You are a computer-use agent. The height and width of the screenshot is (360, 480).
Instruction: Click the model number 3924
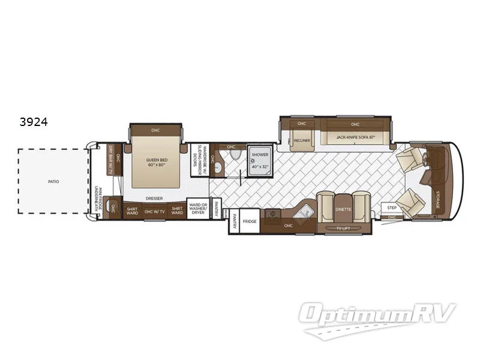pyautogui.click(x=33, y=121)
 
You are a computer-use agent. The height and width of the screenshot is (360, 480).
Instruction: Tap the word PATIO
pyautogui.click(x=54, y=181)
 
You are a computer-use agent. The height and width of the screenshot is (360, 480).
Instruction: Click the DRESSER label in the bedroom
pyautogui.click(x=155, y=197)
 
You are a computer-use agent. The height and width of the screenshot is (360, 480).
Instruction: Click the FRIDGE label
pyautogui.click(x=250, y=221)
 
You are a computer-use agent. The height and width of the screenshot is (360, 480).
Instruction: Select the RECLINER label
pyautogui.click(x=302, y=140)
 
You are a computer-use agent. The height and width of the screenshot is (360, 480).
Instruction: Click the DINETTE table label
pyautogui.click(x=344, y=209)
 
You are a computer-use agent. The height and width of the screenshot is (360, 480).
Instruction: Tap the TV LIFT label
pyautogui.click(x=344, y=229)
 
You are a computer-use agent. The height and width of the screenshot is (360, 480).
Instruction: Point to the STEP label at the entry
pyautogui.click(x=392, y=208)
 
